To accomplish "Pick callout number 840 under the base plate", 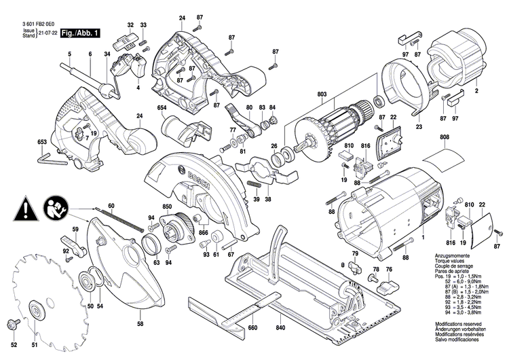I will tap(280, 327).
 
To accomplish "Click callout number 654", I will tap(162, 108).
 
